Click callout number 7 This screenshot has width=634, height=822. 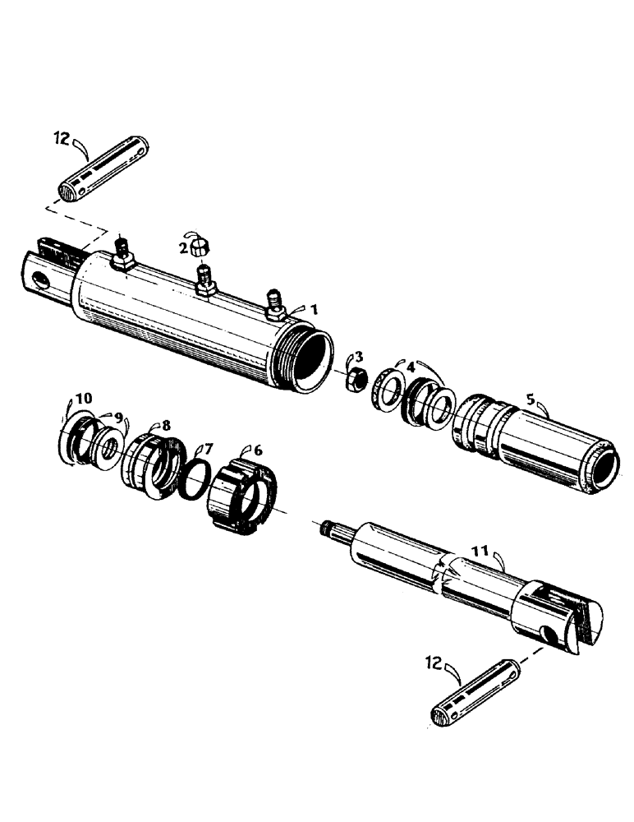point(208,449)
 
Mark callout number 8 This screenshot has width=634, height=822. point(166,426)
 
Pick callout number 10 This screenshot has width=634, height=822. point(84,399)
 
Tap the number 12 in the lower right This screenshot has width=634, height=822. point(434,659)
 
